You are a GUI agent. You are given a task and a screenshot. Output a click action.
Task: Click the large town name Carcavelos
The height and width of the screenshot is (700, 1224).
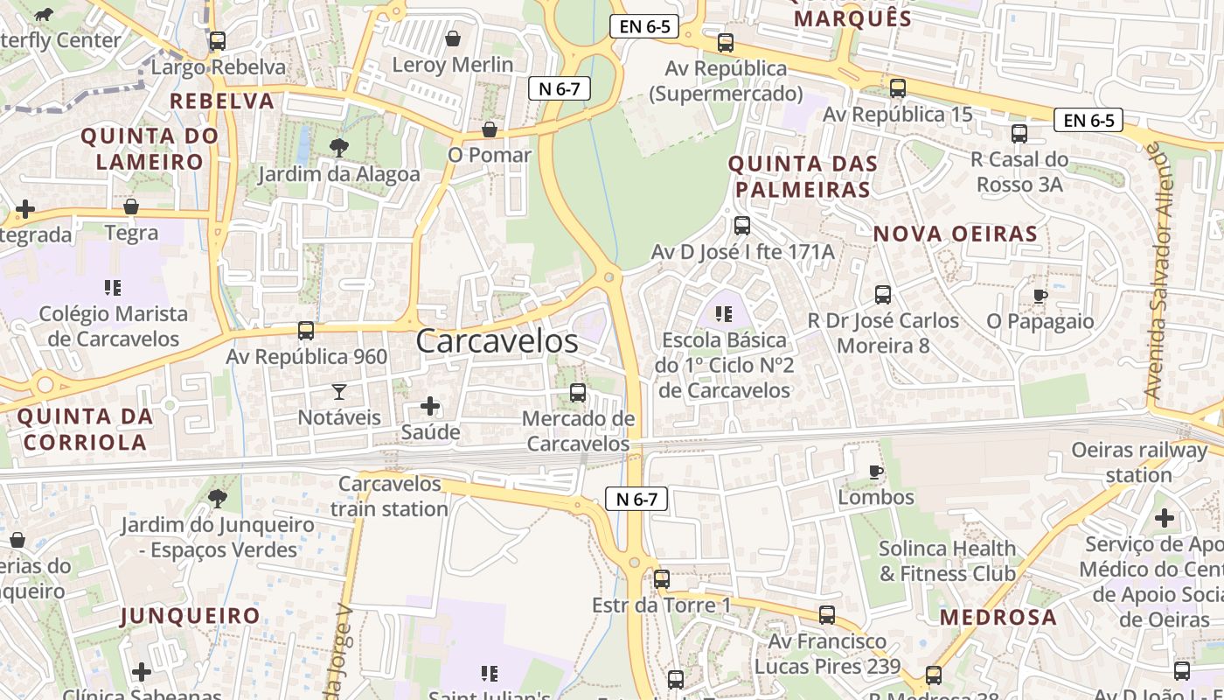point(497,341)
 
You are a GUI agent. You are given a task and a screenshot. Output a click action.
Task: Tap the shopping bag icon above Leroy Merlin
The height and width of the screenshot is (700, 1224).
point(453,38)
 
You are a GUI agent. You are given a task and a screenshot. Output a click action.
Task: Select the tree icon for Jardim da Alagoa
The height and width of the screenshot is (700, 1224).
point(338,148)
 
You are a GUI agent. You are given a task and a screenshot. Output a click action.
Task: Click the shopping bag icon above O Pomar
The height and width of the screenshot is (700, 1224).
point(490,129)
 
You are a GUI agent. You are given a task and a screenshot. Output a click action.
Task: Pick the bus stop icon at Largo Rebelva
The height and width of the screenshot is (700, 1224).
point(218,40)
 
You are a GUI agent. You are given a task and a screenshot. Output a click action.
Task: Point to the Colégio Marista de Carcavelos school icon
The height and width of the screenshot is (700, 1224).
point(112,287)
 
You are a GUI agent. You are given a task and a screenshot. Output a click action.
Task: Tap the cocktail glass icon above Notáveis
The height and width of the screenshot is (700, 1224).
point(339,391)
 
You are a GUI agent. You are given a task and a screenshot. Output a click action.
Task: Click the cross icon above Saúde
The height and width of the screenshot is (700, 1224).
point(430,406)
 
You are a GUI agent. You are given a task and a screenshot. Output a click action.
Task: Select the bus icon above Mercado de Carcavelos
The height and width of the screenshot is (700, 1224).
point(578,393)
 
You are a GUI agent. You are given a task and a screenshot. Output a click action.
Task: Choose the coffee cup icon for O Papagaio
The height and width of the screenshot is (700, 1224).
point(1040,296)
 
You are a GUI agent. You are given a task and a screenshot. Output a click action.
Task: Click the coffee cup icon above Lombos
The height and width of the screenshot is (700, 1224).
point(875,472)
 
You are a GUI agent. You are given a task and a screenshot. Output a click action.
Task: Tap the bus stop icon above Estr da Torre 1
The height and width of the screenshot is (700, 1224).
point(662,579)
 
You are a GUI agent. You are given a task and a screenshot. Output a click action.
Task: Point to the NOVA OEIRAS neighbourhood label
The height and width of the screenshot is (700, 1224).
point(955,234)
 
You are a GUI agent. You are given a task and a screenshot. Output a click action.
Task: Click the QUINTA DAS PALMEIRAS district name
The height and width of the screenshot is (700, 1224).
point(803,176)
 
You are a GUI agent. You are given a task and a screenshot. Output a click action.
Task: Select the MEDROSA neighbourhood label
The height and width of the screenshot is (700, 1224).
point(998,617)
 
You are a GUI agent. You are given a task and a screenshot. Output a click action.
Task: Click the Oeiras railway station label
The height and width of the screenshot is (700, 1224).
point(1139,462)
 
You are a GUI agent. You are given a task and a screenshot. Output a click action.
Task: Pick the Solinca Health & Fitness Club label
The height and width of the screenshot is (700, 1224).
point(948,561)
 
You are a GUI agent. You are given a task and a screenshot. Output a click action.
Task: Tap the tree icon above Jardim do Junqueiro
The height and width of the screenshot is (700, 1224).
point(217,499)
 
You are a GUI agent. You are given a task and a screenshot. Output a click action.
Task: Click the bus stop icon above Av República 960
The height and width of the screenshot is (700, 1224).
point(306,331)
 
